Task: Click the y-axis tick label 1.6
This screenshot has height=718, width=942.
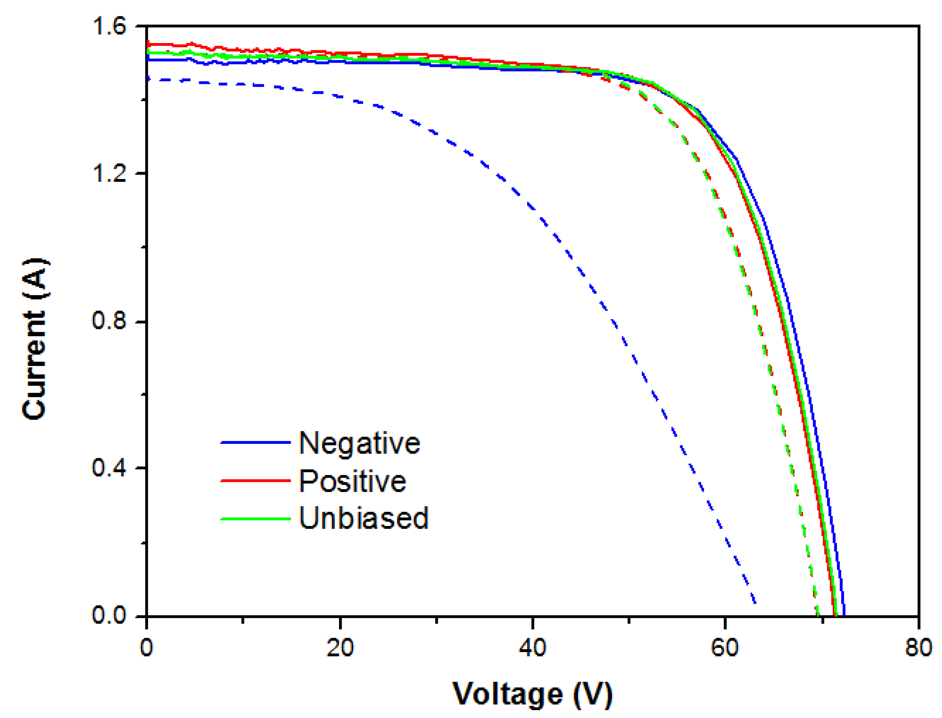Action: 109,26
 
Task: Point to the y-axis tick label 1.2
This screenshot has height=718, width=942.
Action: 109,173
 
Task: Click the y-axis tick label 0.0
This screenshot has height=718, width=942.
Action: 109,615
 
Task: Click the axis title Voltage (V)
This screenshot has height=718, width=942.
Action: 532,694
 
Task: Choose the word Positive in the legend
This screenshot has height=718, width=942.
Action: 352,481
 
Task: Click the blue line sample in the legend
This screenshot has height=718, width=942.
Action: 255,442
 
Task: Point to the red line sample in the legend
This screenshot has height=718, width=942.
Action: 255,480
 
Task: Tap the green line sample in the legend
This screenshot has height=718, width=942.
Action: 255,519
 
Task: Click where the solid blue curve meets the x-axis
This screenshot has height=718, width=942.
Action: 844,615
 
